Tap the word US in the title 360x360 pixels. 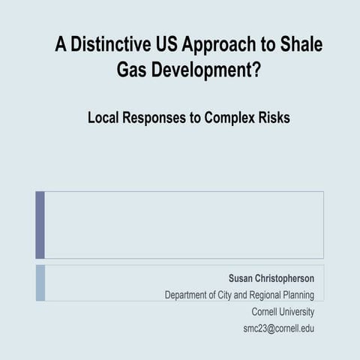[166, 44]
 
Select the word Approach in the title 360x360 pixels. [219, 46]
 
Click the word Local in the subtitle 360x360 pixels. [104, 118]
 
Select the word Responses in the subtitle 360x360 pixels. [163, 119]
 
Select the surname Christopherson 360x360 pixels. [286, 278]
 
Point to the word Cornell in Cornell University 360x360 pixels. [266, 311]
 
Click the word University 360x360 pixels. [298, 312]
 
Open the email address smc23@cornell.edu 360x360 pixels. [278, 328]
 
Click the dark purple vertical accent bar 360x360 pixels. [40, 225]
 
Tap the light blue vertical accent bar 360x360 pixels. [40, 283]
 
